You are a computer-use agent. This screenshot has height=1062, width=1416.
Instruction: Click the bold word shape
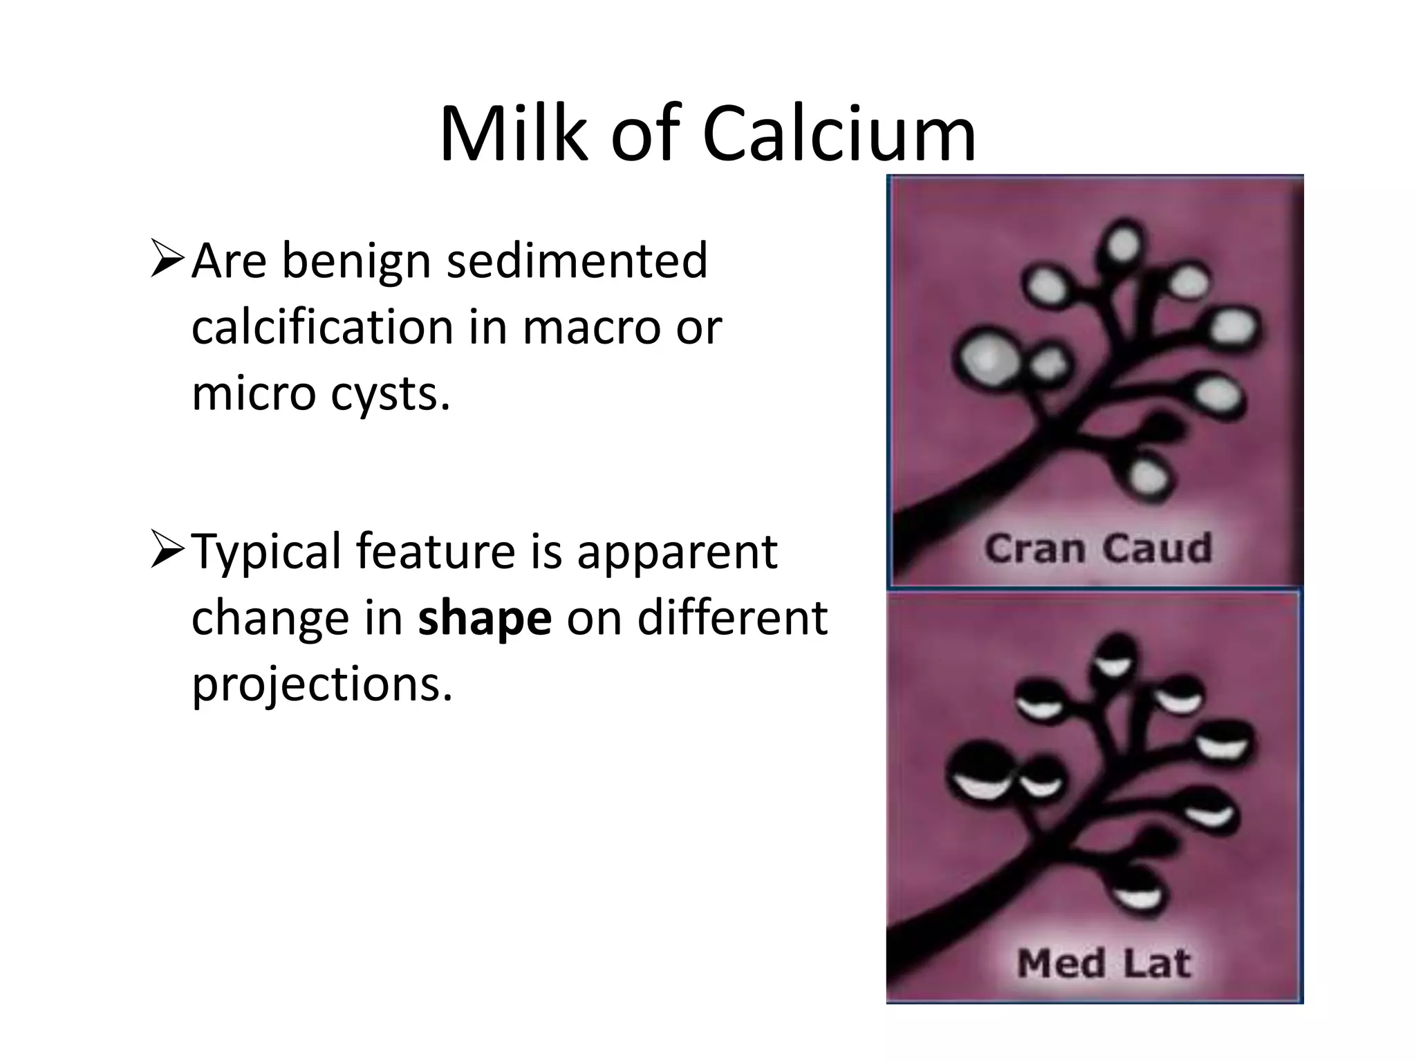point(484,617)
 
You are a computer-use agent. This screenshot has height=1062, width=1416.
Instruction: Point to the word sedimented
point(577,261)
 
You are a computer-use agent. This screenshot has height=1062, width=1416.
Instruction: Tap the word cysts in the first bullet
point(391,394)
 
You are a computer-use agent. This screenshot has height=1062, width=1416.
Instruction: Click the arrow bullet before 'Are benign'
point(167,259)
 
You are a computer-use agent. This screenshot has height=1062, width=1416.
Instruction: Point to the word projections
point(322,683)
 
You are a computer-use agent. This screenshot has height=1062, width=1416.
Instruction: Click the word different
point(732,617)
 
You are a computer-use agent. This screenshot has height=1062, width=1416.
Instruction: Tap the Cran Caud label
point(1098,549)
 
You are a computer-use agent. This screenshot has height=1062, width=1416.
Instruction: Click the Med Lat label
point(1103,963)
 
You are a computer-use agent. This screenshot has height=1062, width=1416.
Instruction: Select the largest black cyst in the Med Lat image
point(981,771)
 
